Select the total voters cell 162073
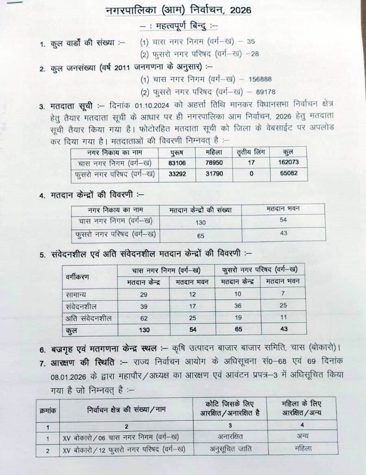(x=288, y=163)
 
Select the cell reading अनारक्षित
(x=230, y=436)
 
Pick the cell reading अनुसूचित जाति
(x=230, y=449)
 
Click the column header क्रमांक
(x=47, y=410)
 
